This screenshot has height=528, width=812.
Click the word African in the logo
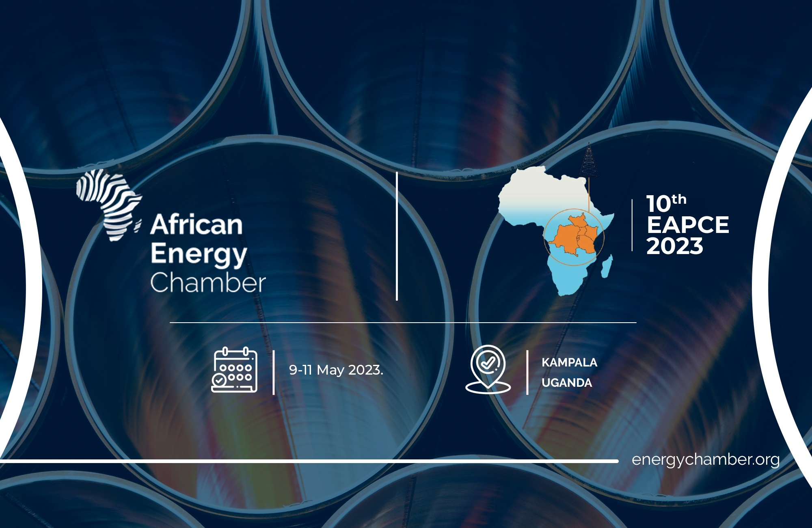point(197,224)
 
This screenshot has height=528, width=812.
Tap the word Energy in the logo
point(199,255)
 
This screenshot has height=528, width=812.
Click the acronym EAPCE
point(688,225)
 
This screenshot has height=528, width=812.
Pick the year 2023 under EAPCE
point(675,246)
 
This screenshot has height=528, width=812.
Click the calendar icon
point(234,370)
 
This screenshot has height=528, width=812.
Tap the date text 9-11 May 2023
point(336,370)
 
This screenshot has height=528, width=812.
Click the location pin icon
point(488,369)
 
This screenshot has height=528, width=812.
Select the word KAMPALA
point(569,362)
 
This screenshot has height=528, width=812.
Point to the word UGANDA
point(567,383)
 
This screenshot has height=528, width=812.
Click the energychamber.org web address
point(706,460)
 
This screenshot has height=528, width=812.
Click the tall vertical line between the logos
point(397,236)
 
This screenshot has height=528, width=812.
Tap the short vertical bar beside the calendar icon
point(274,373)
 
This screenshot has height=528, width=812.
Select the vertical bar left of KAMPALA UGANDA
point(527,373)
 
